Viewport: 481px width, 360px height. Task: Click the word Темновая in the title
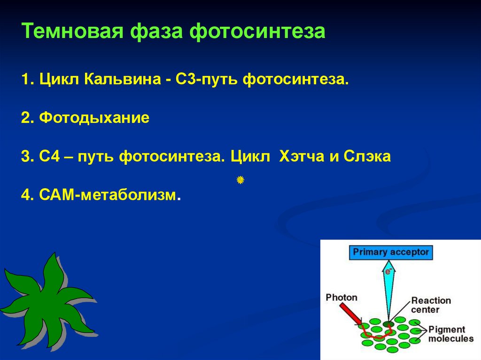tap(72, 31)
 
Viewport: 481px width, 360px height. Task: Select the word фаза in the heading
tap(156, 31)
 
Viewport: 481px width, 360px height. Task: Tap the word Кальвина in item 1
tap(123, 79)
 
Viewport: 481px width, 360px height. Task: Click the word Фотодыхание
tap(94, 118)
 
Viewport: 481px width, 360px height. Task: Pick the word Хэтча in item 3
tap(302, 156)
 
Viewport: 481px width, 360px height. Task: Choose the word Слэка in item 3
tap(367, 156)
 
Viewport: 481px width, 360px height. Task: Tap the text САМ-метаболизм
tap(110, 195)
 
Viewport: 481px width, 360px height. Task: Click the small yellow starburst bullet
tap(240, 180)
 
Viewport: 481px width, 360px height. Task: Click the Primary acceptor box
tap(391, 253)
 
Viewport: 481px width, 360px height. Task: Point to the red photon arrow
tap(350, 314)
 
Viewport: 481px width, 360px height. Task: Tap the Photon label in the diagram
tap(341, 298)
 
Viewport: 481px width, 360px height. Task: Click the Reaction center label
tap(431, 305)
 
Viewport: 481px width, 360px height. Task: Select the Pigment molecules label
tap(451, 334)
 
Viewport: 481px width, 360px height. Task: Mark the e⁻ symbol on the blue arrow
tap(388, 271)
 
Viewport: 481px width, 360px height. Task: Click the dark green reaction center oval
tap(388, 324)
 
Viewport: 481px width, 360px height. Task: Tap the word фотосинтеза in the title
tap(257, 31)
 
